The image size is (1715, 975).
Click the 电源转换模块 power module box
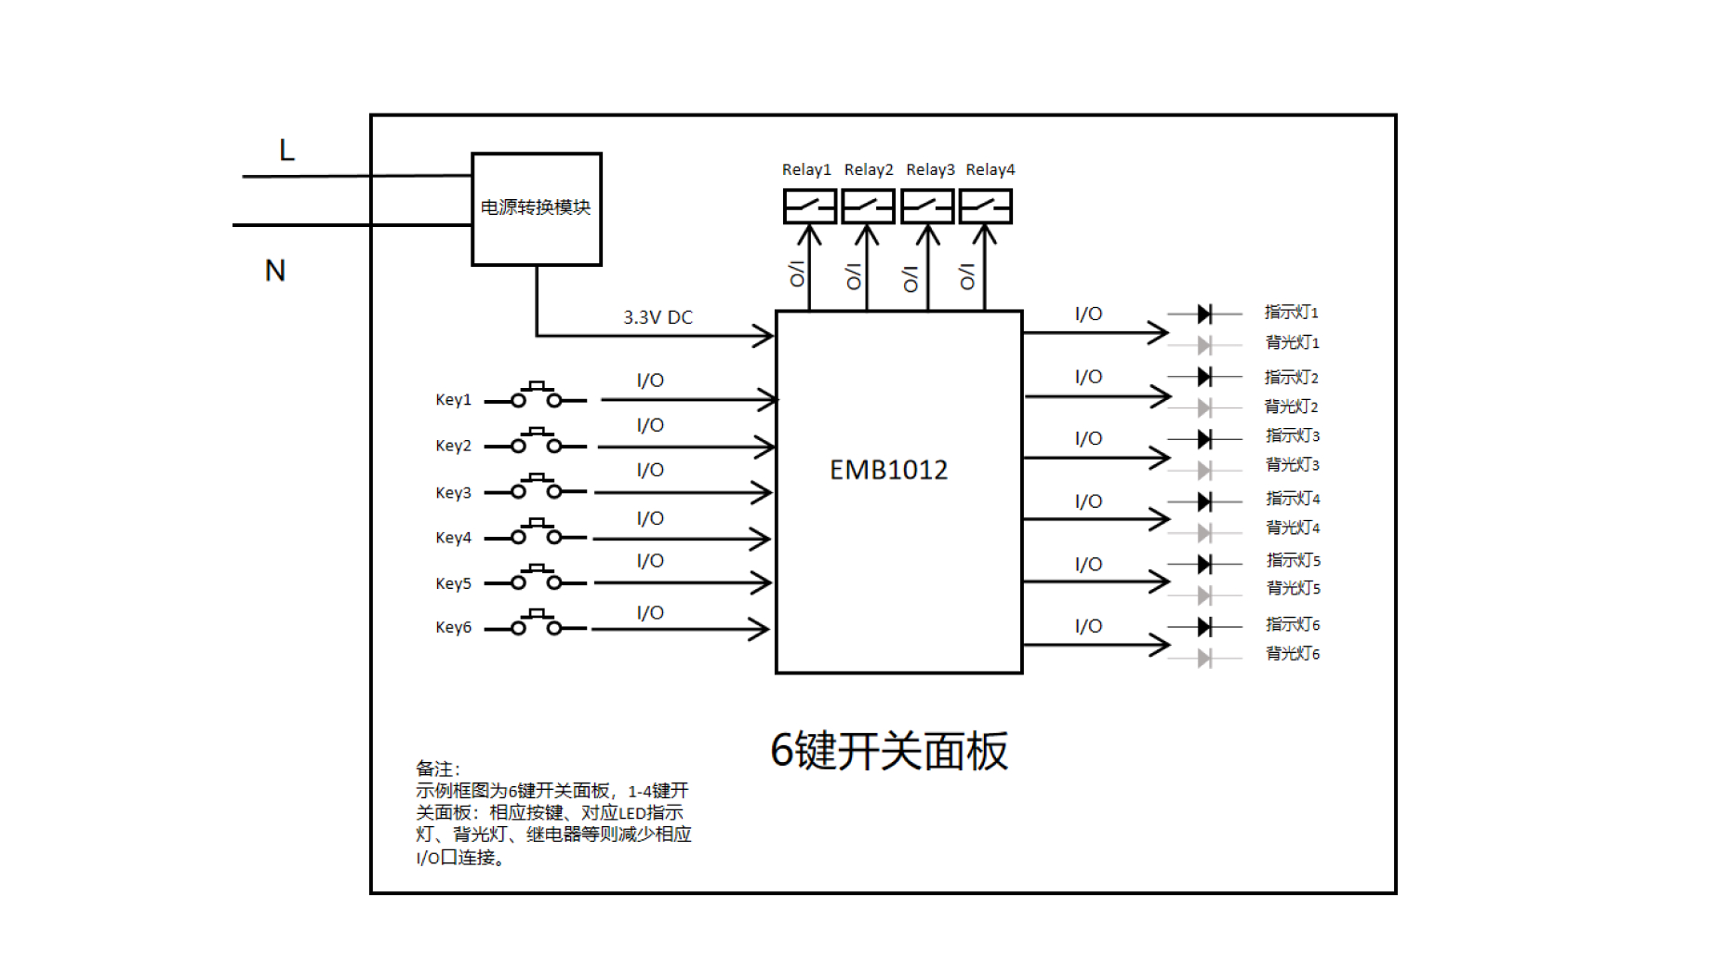[x=537, y=209]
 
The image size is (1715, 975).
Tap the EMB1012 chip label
[x=888, y=470]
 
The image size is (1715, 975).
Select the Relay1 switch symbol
[x=809, y=207]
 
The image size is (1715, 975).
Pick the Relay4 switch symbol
[x=985, y=207]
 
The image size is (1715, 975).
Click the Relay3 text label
[x=930, y=169]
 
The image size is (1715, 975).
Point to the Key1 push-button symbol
[x=537, y=396]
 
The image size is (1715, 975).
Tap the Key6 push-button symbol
[x=537, y=624]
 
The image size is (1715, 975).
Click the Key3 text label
[x=453, y=492]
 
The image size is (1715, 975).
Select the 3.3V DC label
[x=658, y=317]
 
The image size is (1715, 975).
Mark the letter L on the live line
[x=286, y=150]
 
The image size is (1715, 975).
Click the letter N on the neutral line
[x=274, y=271]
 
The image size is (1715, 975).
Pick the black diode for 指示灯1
[x=1204, y=314]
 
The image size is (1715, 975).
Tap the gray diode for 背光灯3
[x=1204, y=470]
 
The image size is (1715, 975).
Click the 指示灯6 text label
[x=1293, y=624]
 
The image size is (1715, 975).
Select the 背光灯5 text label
[x=1293, y=588]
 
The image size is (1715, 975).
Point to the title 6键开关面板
[x=889, y=751]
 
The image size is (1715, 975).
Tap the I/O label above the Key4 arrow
[x=650, y=518]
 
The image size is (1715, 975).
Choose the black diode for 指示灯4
[x=1204, y=502]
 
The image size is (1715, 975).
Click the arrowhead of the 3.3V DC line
[x=764, y=336]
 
